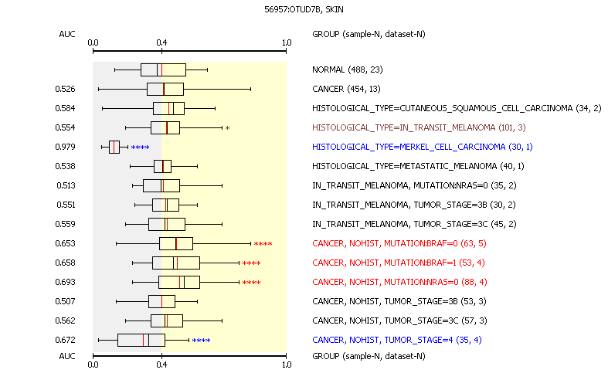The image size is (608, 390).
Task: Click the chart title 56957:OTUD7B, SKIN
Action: click(x=304, y=9)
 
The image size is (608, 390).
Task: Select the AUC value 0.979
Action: click(x=65, y=147)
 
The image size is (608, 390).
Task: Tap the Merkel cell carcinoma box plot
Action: click(x=114, y=147)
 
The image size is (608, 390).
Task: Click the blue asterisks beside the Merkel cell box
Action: click(x=140, y=148)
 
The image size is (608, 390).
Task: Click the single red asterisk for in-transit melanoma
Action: click(x=228, y=128)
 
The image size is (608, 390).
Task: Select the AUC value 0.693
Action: click(x=65, y=282)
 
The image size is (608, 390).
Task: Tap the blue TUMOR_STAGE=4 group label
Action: click(x=396, y=340)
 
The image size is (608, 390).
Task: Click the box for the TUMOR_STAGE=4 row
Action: click(x=141, y=340)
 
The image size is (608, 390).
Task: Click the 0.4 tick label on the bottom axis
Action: click(x=161, y=365)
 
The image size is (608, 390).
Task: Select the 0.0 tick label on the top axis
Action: click(x=93, y=42)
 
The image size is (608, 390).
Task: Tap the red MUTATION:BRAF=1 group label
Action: click(x=399, y=263)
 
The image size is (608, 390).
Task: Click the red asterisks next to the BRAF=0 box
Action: click(x=263, y=244)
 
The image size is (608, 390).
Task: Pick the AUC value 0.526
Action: click(x=65, y=89)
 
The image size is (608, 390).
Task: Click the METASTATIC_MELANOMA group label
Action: click(x=418, y=166)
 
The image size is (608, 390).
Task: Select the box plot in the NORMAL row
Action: click(x=163, y=70)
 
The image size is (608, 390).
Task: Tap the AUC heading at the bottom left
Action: click(x=67, y=356)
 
